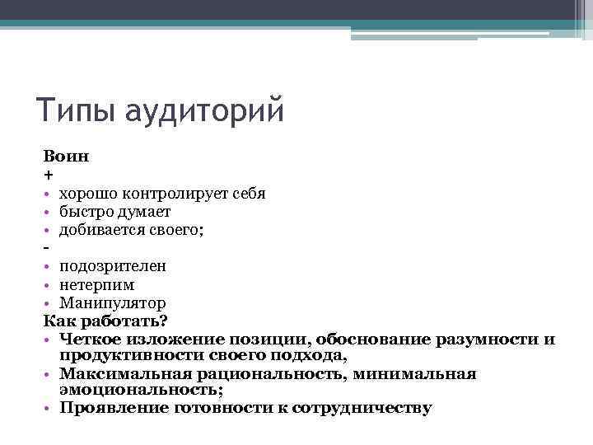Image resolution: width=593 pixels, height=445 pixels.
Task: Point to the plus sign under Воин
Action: pos(47,174)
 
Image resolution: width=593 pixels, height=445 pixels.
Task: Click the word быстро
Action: pos(85,212)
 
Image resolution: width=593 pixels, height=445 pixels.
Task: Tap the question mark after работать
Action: pos(164,321)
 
